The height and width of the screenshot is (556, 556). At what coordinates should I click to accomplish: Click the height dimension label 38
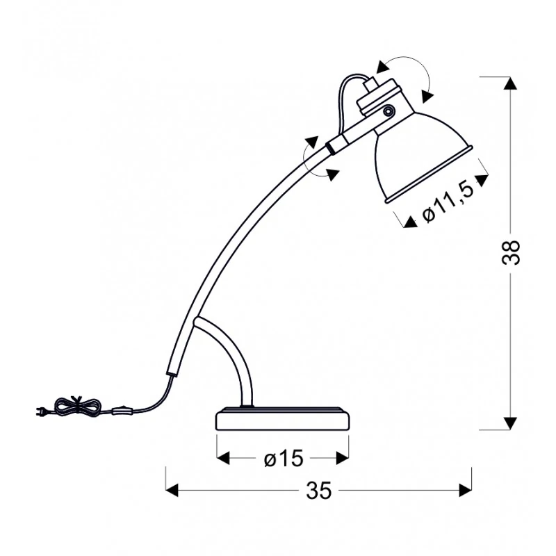(x=511, y=252)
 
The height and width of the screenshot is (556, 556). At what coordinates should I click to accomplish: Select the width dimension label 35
(x=318, y=491)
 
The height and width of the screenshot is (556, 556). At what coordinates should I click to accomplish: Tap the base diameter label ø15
(x=284, y=459)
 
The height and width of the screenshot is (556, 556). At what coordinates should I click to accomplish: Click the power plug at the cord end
(x=42, y=411)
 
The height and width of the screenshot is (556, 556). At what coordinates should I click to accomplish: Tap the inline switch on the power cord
(x=123, y=411)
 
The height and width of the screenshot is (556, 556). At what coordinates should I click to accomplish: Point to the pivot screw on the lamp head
(x=389, y=111)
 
